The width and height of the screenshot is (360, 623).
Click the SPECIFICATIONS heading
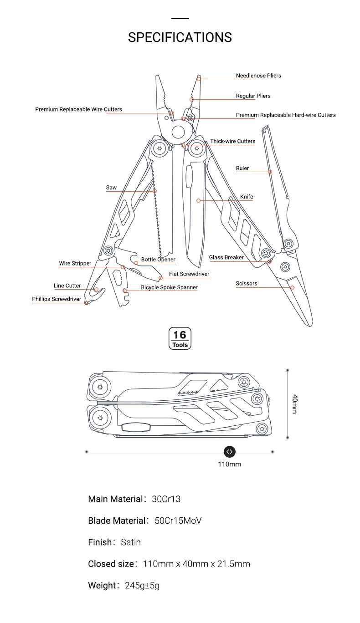pyautogui.click(x=180, y=37)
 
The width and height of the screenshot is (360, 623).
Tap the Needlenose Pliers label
pyautogui.click(x=258, y=76)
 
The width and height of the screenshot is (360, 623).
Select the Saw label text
pyautogui.click(x=111, y=188)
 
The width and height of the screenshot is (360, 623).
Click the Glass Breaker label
pyautogui.click(x=226, y=257)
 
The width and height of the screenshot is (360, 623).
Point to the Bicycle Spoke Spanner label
pyautogui.click(x=169, y=287)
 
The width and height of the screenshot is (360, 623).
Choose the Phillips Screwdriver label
pyautogui.click(x=57, y=299)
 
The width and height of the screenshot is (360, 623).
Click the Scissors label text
pyautogui.click(x=247, y=283)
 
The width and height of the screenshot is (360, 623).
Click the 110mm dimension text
pyautogui.click(x=229, y=464)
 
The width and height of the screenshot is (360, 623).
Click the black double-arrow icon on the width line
pyautogui.click(x=230, y=452)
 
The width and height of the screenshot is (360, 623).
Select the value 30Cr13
pyautogui.click(x=166, y=499)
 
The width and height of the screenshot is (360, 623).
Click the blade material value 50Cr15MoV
pyautogui.click(x=178, y=521)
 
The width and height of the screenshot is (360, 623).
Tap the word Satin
pyautogui.click(x=131, y=542)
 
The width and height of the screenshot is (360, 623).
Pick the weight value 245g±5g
pyautogui.click(x=142, y=586)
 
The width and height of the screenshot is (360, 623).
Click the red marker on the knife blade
pyautogui.click(x=199, y=200)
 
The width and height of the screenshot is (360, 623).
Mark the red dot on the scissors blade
pyautogui.click(x=293, y=287)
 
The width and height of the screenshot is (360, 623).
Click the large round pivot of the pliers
pyautogui.click(x=178, y=133)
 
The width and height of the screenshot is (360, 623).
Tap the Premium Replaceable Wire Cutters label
pyautogui.click(x=79, y=109)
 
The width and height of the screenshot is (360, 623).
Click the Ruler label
pyautogui.click(x=242, y=168)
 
